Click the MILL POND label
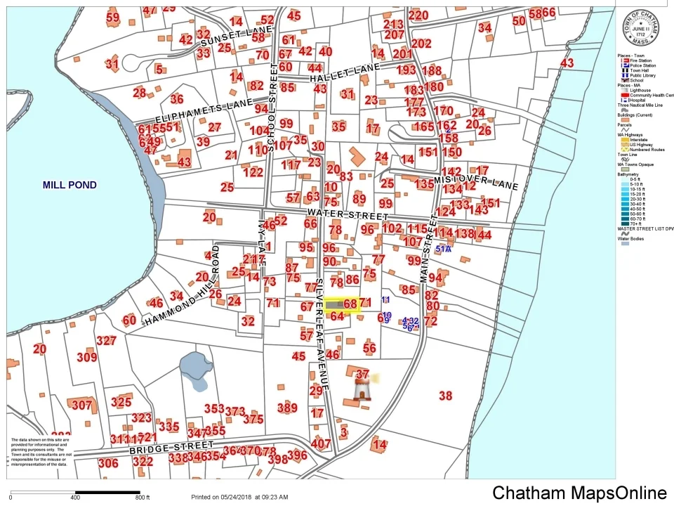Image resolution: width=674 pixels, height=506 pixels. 70,186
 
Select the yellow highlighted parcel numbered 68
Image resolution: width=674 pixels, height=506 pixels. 342,304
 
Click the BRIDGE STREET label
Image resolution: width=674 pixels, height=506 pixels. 171,447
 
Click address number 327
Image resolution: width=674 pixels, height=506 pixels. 106,341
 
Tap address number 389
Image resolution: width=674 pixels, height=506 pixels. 287,408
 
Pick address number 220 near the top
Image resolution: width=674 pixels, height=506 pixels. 418,15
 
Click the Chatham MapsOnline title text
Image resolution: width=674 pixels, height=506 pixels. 579,493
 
